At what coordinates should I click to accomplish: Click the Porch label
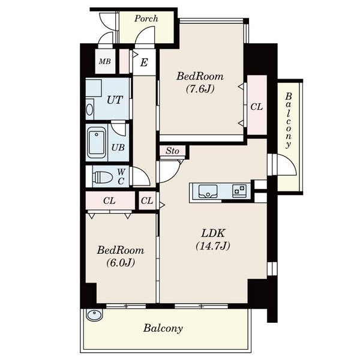tap(146, 19)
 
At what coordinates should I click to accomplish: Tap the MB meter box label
tap(105, 61)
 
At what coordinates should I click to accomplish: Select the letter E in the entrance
tap(144, 62)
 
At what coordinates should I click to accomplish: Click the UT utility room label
tap(115, 100)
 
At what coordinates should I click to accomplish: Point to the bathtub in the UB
tap(97, 142)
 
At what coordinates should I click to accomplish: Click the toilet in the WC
tap(103, 177)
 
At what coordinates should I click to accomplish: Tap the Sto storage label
tap(172, 151)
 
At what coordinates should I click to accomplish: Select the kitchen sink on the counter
tap(208, 191)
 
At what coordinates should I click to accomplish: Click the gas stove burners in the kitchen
tap(239, 191)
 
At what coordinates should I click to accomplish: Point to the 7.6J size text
tap(200, 89)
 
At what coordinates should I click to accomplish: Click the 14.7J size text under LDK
tap(213, 246)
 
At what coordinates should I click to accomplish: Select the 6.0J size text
tap(121, 263)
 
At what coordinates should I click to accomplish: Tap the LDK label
tap(213, 233)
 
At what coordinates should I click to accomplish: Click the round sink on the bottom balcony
tap(94, 314)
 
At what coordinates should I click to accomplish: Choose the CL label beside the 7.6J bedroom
tap(256, 107)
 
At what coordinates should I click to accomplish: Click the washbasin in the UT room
tap(89, 110)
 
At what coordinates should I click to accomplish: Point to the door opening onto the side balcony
tap(287, 164)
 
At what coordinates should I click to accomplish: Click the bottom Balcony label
tap(163, 329)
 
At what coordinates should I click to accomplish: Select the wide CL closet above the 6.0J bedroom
tap(110, 200)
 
